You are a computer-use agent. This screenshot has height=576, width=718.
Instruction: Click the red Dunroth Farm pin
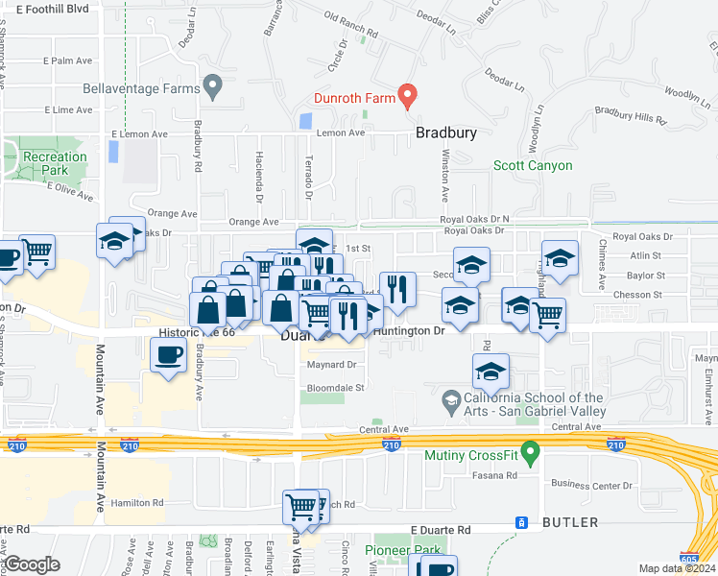click(x=407, y=95)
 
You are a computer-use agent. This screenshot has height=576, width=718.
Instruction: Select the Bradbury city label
click(x=445, y=133)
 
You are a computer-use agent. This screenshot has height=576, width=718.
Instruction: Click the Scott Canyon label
click(x=533, y=165)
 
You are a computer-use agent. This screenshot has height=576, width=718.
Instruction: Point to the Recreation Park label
click(x=55, y=163)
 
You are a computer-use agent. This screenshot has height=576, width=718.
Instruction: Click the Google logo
click(x=32, y=564)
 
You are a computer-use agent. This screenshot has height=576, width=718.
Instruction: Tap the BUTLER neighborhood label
click(x=570, y=522)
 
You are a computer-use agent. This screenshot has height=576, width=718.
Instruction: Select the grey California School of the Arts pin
click(x=449, y=398)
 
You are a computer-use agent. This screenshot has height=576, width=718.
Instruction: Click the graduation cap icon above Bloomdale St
click(x=491, y=371)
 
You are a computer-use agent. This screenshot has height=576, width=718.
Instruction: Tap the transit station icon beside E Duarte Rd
click(x=521, y=522)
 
